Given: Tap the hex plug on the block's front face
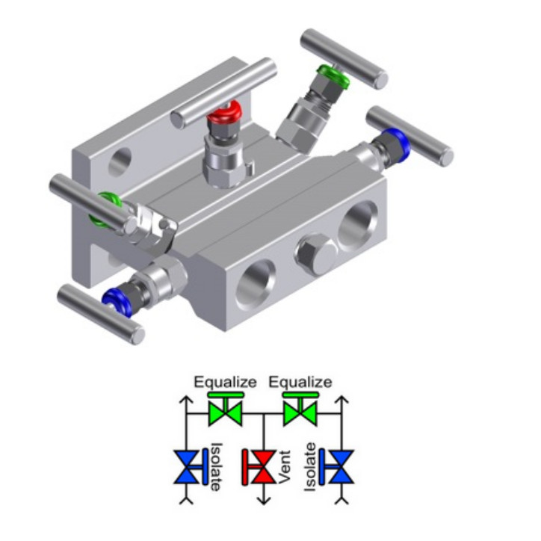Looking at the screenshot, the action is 315,254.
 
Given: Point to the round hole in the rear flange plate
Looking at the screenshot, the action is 120,162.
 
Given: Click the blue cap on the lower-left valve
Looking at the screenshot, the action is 117,303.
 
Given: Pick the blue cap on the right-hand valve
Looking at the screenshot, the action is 398,142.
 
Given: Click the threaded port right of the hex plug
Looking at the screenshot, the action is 357,226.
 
